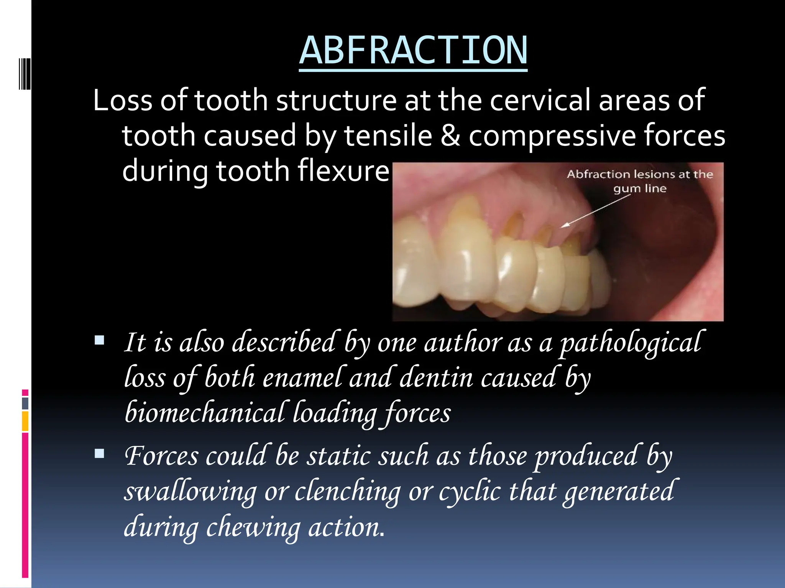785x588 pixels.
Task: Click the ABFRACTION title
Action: pos(413,51)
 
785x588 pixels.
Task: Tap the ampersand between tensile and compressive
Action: pos(450,136)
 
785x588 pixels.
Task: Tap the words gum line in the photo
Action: pos(640,189)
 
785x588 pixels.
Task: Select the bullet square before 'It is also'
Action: pos(100,340)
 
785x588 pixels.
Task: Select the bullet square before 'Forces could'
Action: pos(100,454)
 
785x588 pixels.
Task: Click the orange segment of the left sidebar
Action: pos(25,421)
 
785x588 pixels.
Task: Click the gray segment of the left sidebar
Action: pos(25,403)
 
